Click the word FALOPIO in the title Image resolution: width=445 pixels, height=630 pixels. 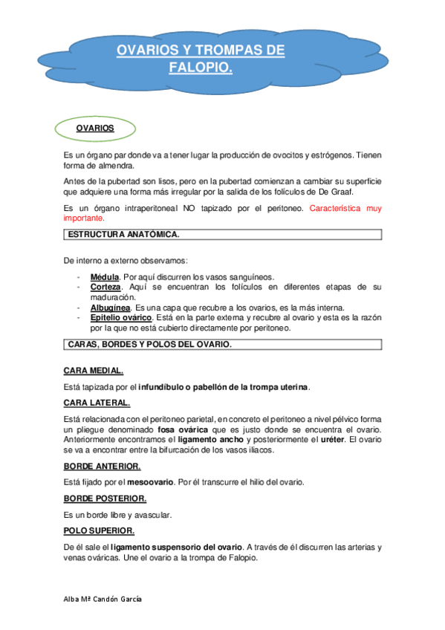(x=201, y=68)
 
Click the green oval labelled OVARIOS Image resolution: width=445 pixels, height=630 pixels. (x=94, y=129)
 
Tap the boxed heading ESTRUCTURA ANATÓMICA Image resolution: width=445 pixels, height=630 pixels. (x=123, y=235)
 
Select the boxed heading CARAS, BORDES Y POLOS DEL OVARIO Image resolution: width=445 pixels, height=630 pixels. (x=149, y=345)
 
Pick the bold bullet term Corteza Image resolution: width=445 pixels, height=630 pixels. (x=105, y=286)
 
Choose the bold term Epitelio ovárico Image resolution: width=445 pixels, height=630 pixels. (x=119, y=317)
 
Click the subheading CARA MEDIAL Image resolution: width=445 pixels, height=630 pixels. (x=94, y=370)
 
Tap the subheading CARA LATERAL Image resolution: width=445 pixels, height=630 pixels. (x=97, y=403)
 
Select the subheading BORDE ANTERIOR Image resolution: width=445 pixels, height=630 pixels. (x=103, y=466)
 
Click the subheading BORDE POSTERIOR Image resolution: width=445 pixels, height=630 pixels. (x=105, y=498)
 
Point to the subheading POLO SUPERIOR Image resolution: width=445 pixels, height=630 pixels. (x=99, y=530)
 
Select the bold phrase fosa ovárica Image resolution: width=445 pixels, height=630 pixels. (x=182, y=430)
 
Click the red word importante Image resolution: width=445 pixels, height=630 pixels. (x=83, y=218)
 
